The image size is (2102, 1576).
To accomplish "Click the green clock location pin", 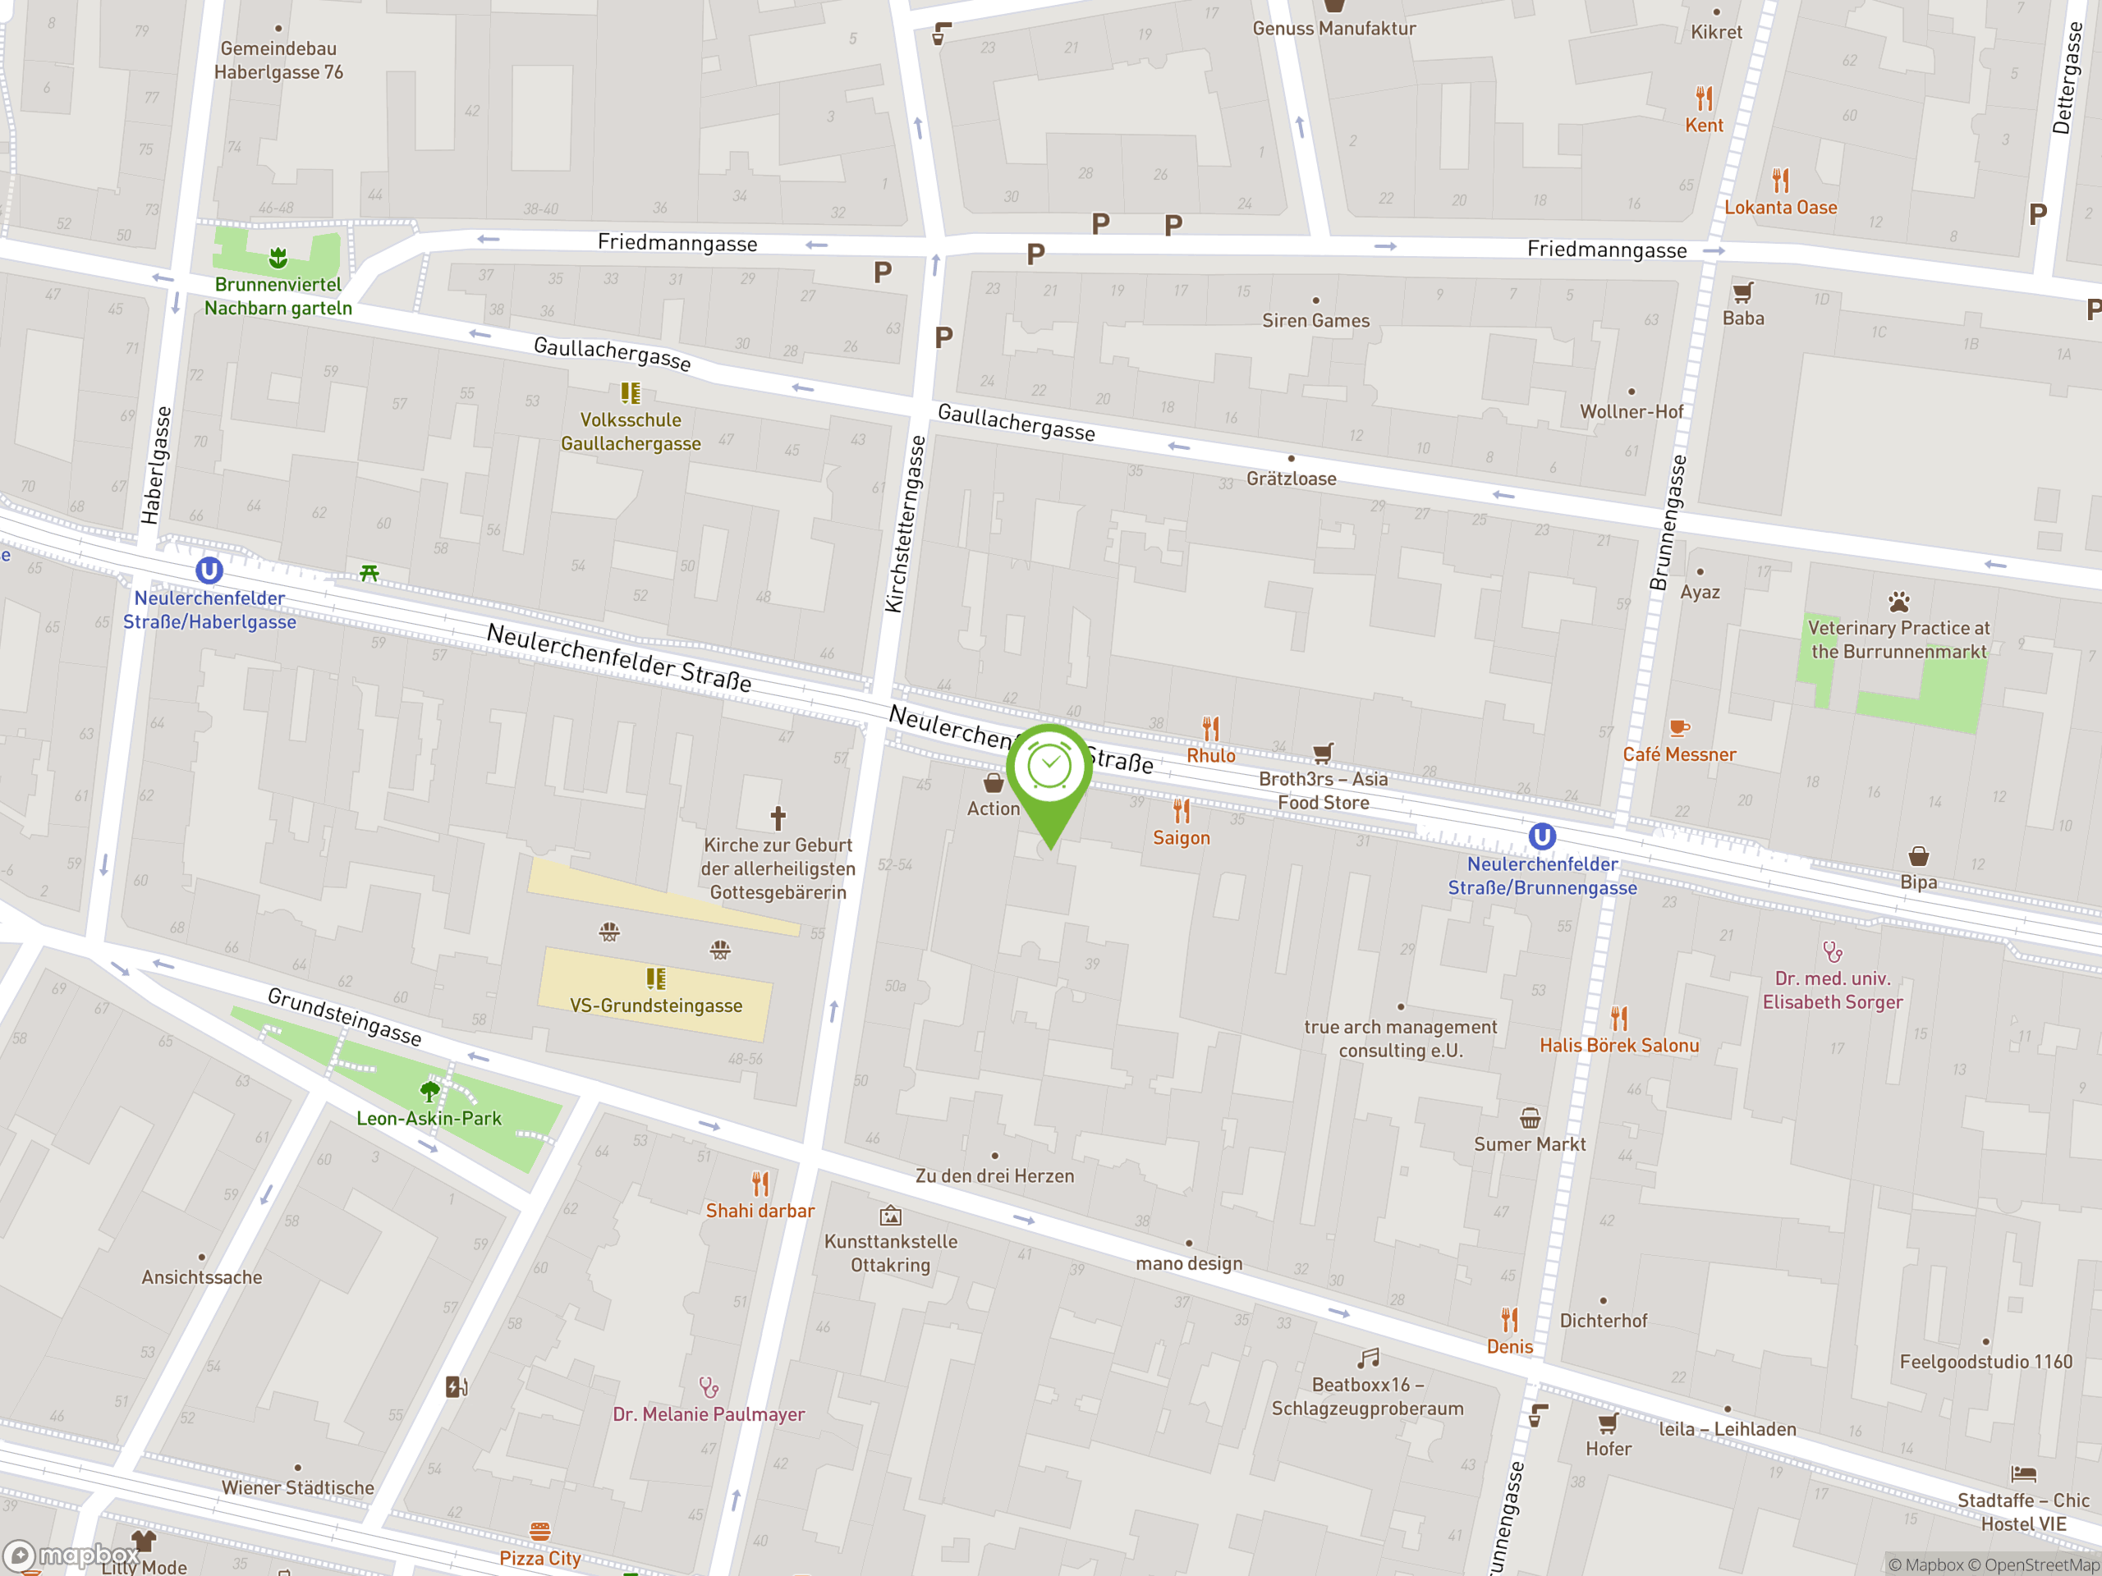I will point(1049,768).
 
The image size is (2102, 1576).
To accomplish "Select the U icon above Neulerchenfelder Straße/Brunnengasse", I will point(1541,836).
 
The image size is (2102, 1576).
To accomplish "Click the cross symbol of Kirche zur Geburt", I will point(778,817).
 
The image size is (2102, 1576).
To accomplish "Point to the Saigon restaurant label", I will point(1182,838).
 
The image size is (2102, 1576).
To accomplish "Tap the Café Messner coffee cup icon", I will point(1679,729).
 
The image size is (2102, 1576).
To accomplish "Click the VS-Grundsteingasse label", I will point(656,1005).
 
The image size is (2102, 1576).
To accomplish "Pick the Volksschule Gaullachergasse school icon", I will point(630,392).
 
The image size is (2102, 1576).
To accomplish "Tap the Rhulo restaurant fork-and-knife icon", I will point(1210,729).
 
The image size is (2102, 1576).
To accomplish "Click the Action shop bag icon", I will point(993,783).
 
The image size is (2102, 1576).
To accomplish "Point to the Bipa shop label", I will point(1917,882).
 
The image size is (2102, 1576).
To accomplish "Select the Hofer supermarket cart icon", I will point(1608,1423).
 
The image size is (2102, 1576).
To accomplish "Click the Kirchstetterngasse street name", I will point(905,524).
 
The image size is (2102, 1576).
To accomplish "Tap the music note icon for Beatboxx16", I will point(1367,1358).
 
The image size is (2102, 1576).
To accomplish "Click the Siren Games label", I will point(1315,321).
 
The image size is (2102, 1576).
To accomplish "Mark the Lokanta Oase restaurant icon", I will point(1780,180).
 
